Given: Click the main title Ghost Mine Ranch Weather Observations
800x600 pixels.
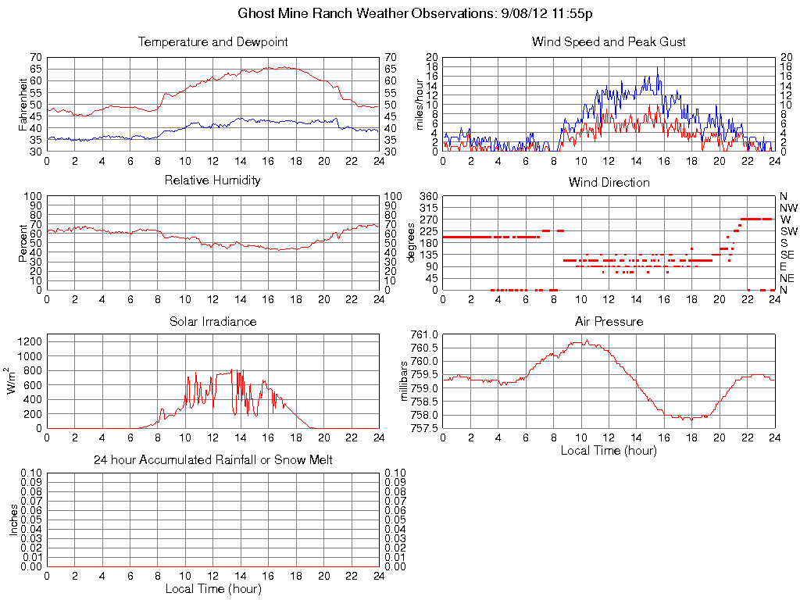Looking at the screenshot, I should click(415, 14).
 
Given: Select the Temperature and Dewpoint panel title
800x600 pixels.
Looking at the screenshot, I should click(212, 42).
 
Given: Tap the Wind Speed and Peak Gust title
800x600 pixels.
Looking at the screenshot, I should click(609, 42).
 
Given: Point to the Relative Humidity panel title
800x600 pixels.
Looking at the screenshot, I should click(212, 180).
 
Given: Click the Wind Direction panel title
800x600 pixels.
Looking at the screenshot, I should click(609, 183).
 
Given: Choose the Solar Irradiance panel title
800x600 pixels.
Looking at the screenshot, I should click(212, 322).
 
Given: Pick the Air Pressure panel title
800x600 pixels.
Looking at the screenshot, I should click(609, 322).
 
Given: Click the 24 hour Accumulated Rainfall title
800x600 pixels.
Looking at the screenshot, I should click(212, 460).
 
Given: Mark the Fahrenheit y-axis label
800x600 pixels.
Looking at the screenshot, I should click(23, 105).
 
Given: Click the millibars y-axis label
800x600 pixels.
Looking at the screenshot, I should click(404, 381).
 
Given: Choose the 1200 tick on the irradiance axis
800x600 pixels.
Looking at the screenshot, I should click(29, 341).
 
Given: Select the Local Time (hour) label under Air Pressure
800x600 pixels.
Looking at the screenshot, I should click(609, 450).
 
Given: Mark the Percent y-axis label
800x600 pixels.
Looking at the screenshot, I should click(23, 243).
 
